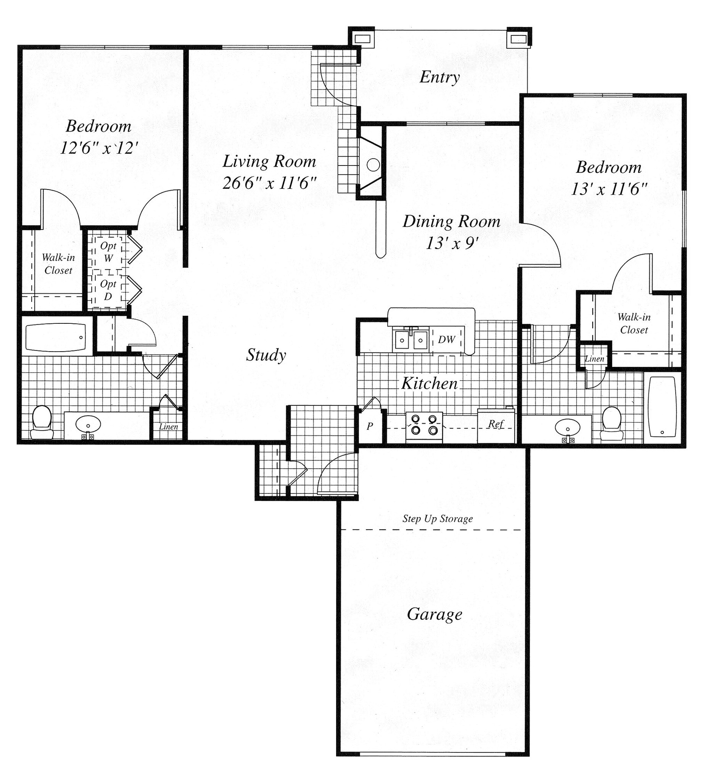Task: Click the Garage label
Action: (x=434, y=614)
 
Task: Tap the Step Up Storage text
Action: (x=437, y=519)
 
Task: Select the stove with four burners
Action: (x=424, y=427)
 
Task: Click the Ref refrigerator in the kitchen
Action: (x=496, y=425)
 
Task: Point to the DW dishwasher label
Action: (x=446, y=340)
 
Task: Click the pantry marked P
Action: (x=370, y=426)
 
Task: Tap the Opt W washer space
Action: (x=108, y=252)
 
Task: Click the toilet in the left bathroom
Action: (x=42, y=422)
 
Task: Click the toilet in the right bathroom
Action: (x=612, y=423)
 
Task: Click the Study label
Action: (x=266, y=355)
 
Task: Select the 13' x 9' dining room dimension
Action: (x=451, y=244)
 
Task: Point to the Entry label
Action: (x=440, y=77)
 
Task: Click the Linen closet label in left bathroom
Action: (x=169, y=427)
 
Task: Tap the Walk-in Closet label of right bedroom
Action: (x=634, y=323)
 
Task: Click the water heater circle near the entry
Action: (x=373, y=165)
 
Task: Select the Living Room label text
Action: (x=269, y=162)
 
